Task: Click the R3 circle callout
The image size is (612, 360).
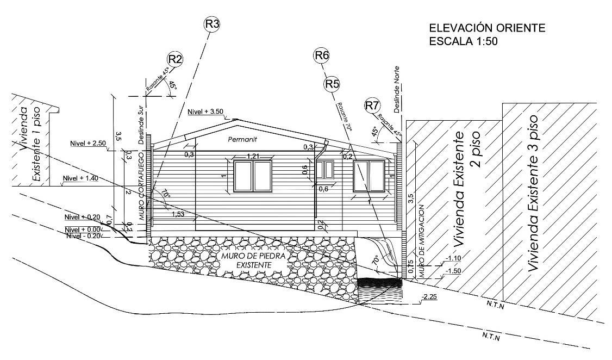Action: point(212,24)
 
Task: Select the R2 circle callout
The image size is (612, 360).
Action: point(175,60)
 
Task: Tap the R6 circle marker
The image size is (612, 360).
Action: point(322,55)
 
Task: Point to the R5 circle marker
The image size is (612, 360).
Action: point(332,84)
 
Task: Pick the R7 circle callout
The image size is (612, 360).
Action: point(372,105)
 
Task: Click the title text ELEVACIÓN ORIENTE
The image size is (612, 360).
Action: point(487,28)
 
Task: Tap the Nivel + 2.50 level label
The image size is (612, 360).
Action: point(88,143)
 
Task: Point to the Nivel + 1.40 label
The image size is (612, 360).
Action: point(80,178)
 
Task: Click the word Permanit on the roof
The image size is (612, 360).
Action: point(242,140)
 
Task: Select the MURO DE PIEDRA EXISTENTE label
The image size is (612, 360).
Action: point(247,260)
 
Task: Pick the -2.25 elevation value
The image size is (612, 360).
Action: point(429,297)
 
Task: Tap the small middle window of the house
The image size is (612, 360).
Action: point(326,170)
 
